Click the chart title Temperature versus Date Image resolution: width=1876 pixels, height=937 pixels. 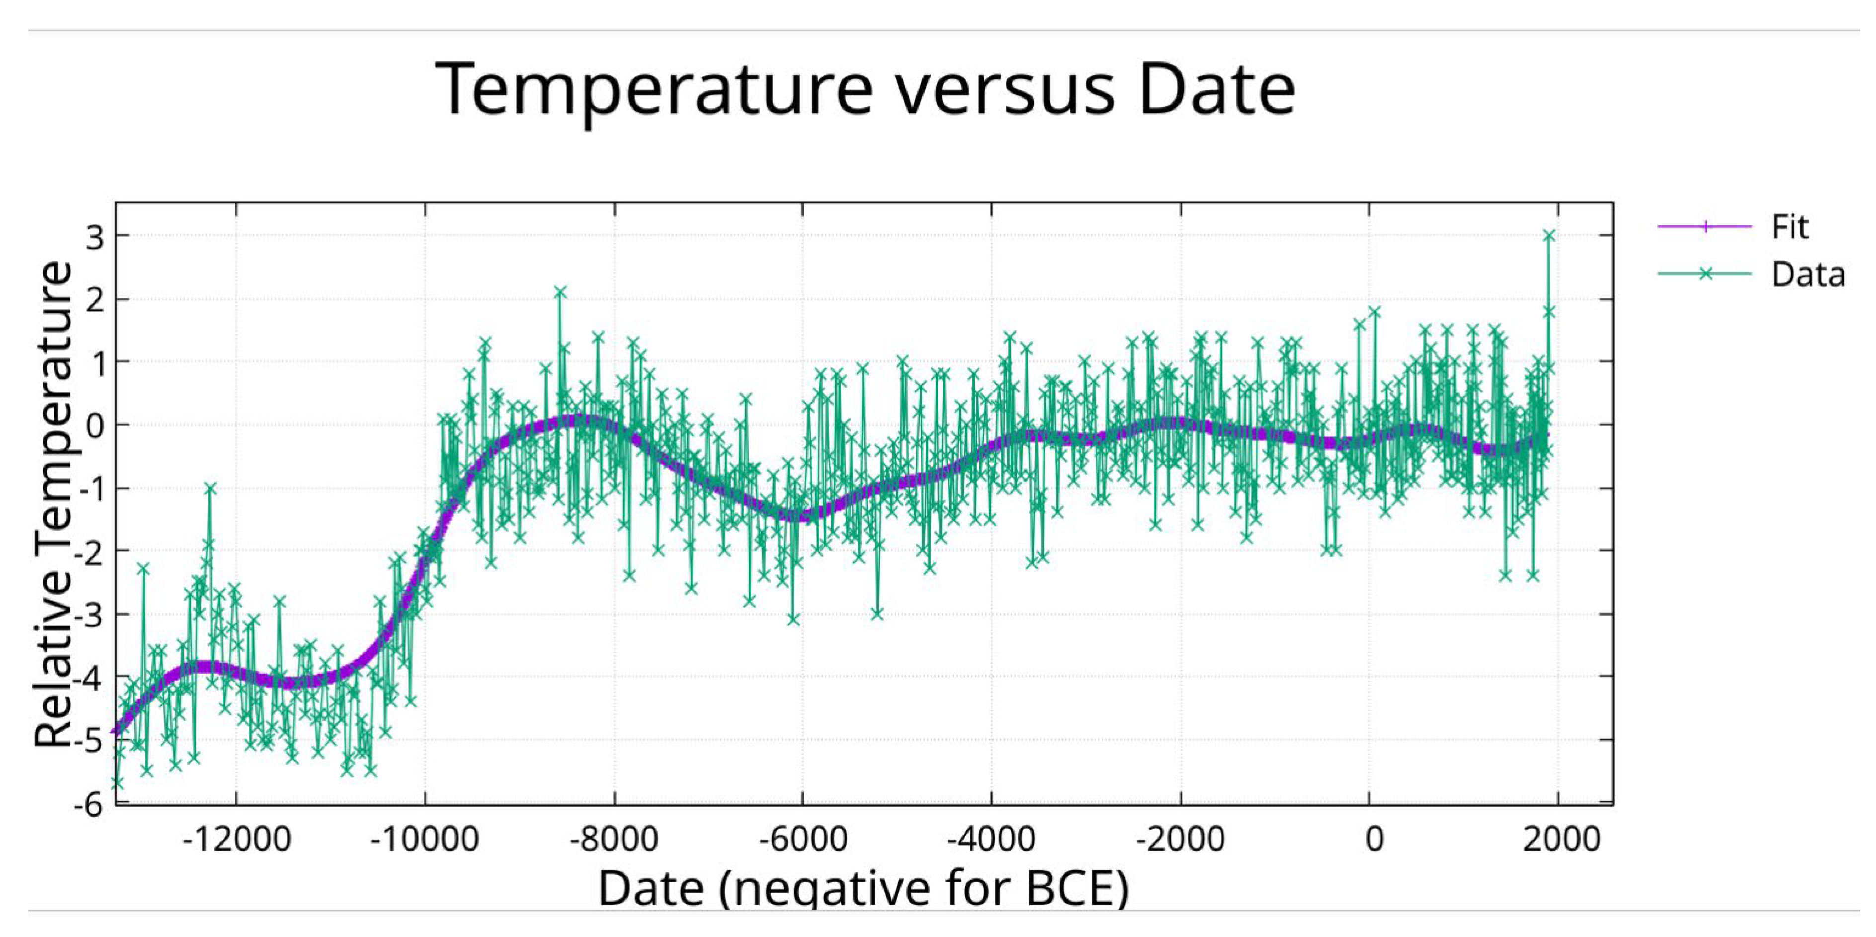[864, 89]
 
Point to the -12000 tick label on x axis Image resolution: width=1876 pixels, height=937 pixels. [236, 840]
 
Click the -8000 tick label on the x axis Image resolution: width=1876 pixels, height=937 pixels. [614, 840]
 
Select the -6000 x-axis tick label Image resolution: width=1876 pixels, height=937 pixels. [803, 840]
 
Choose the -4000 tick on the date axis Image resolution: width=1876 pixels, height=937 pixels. [991, 840]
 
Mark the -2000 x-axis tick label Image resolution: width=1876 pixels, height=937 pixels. [1180, 840]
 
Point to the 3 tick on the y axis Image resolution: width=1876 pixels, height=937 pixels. [95, 236]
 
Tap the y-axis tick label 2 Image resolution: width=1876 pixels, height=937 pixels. [95, 299]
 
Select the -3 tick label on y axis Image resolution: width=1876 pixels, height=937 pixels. [89, 615]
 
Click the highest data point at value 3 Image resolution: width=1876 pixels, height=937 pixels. [1549, 235]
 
